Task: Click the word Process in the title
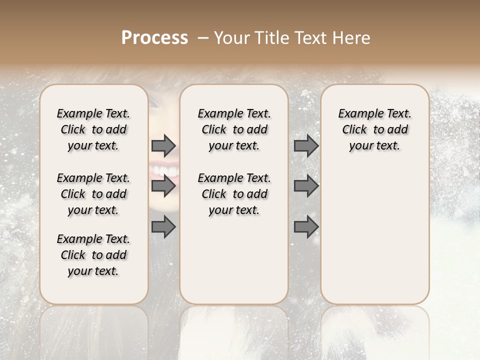pos(154,38)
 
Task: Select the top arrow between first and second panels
pos(163,145)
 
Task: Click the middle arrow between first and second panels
pos(163,186)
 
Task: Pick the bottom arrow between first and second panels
pos(163,227)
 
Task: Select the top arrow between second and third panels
pos(306,145)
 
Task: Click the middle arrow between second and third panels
pos(306,186)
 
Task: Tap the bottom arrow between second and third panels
pos(306,227)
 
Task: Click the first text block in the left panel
pos(93,129)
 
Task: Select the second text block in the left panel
pos(93,194)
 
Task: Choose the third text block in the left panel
pos(93,255)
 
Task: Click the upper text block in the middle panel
pos(234,129)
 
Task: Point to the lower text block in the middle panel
pos(234,194)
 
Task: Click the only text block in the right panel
pos(375,129)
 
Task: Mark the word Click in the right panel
pos(354,130)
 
